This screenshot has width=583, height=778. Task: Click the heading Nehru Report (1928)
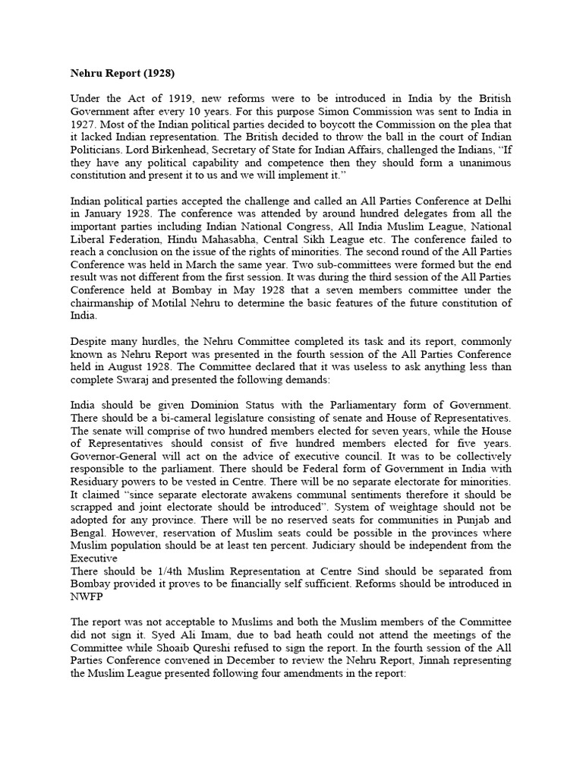(x=121, y=74)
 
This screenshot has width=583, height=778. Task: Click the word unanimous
(x=484, y=164)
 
